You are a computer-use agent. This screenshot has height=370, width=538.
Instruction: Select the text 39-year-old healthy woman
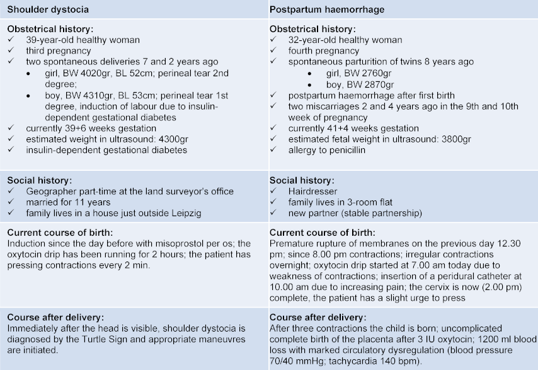[x=83, y=40]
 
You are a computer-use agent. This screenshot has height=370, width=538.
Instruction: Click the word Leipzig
[x=186, y=213]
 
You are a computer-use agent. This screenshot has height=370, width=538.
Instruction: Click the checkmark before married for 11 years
[x=13, y=202]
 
